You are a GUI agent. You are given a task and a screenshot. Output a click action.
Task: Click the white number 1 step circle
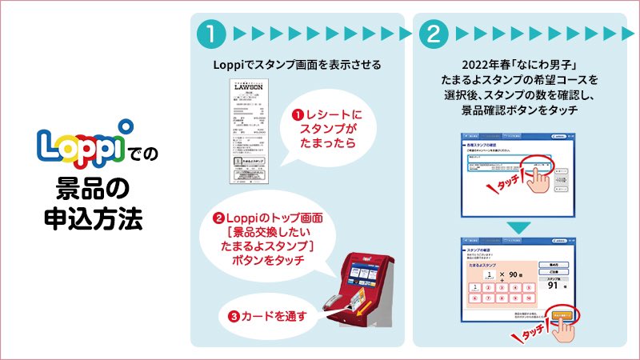(x=209, y=33)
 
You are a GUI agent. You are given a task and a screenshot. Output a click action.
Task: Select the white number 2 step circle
(x=432, y=33)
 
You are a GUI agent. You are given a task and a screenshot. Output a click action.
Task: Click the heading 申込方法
(x=92, y=217)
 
